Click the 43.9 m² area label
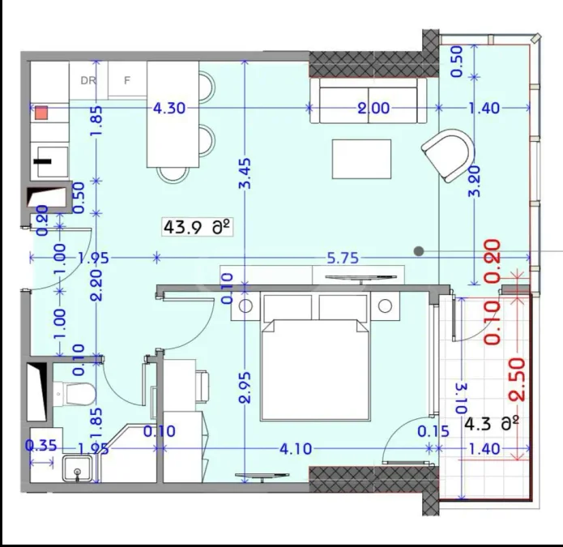197,228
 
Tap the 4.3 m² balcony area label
492,424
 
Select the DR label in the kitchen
88,80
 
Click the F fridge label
126,80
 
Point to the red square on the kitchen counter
41,113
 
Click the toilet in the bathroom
75,394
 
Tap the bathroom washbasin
78,468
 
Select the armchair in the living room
448,155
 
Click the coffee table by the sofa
361,159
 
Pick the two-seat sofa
369,101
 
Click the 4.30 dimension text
169,108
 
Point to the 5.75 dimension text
343,258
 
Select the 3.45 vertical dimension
245,174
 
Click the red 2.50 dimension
518,379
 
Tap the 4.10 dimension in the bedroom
296,449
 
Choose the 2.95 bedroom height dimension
245,387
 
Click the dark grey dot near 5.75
419,251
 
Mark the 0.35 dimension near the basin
41,446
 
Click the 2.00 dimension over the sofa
373,108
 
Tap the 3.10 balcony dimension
463,399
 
